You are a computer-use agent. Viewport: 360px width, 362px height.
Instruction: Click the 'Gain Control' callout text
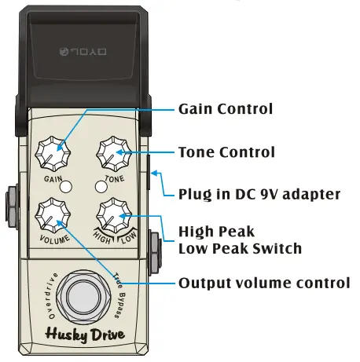[226, 109]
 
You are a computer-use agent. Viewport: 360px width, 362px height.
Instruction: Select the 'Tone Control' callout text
[226, 152]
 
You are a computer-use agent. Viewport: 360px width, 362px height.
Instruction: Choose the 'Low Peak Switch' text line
[239, 249]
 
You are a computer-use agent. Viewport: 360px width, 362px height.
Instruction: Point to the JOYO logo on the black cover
[78, 52]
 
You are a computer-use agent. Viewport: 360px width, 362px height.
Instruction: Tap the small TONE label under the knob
[115, 178]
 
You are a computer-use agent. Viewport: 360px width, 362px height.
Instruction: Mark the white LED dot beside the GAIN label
[68, 187]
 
